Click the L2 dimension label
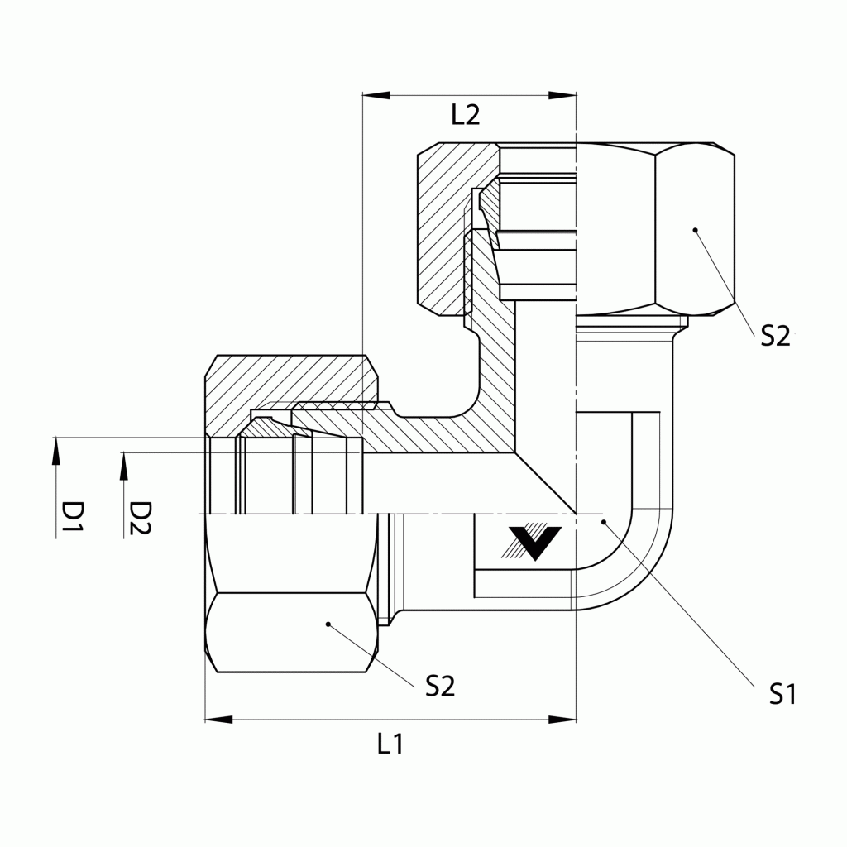[466, 114]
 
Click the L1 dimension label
[390, 744]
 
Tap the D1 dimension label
[74, 517]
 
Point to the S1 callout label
[782, 694]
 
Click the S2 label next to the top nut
[775, 335]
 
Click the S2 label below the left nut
[440, 686]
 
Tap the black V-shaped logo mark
[535, 542]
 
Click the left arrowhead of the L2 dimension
[375, 96]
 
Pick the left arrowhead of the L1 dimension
[218, 720]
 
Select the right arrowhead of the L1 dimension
[563, 720]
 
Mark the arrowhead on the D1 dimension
[56, 449]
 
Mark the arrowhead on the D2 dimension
[124, 464]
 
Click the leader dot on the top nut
[695, 229]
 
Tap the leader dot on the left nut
[328, 624]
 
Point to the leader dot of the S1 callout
[604, 522]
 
